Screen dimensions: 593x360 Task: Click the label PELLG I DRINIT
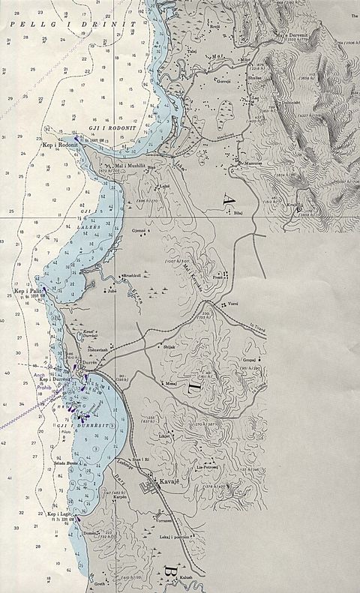[72, 25]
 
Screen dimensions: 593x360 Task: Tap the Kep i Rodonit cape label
[58, 143]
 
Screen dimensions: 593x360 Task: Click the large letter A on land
[229, 199]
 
